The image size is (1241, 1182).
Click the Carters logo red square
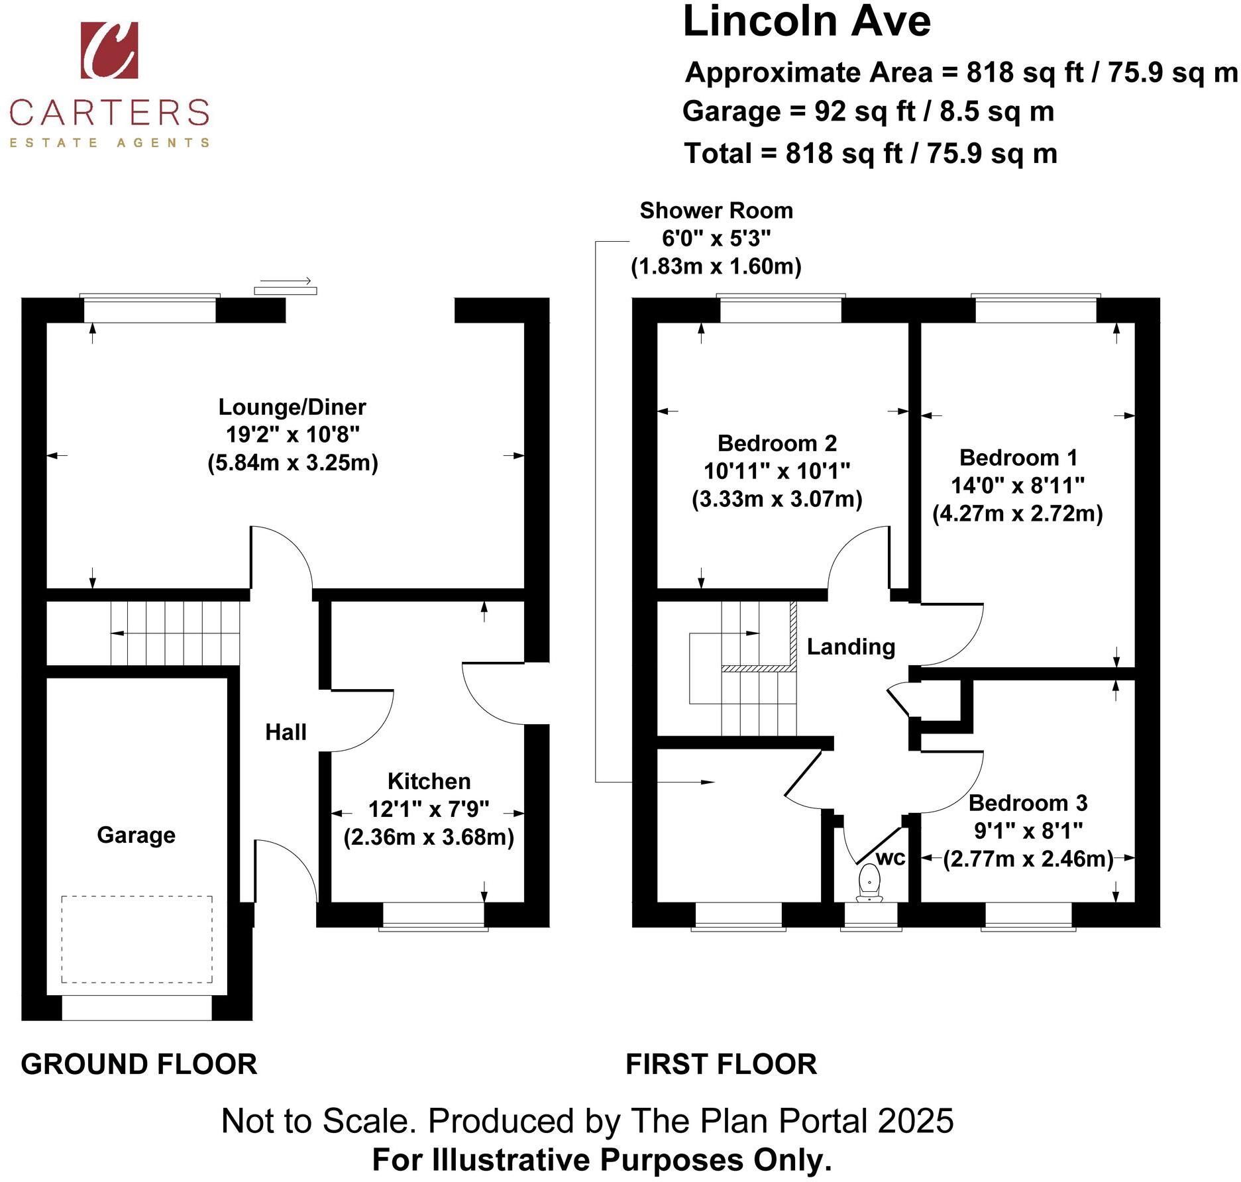pos(109,50)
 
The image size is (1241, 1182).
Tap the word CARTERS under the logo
pos(109,112)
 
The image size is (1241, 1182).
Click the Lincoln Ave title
pos(806,21)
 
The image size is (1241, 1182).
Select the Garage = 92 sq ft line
pos(868,111)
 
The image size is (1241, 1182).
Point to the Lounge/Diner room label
pos(292,407)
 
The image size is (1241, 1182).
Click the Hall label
pos(286,732)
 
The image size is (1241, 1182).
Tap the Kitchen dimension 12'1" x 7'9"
pos(429,809)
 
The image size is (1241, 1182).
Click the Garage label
pos(136,835)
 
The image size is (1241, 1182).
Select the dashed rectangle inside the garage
pos(137,939)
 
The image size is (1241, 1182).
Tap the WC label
pos(890,858)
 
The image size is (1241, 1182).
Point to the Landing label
pos(851,647)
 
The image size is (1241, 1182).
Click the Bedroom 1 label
pos(1018,457)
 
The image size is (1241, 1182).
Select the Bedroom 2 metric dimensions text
pos(777,499)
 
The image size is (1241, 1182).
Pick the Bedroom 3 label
pos(1028,803)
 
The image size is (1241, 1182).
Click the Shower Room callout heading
pos(716,211)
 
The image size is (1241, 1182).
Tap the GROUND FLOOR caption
pos(139,1065)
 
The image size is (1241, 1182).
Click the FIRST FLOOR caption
pos(721,1065)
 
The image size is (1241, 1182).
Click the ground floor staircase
pos(175,633)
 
